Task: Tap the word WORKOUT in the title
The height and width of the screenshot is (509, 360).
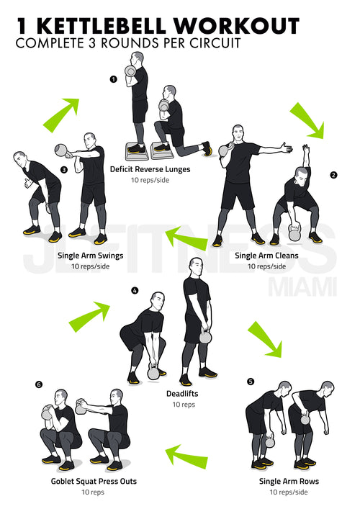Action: [x=236, y=27]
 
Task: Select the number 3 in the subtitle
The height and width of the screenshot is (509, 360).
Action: [x=92, y=43]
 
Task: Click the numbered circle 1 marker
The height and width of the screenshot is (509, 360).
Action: [x=113, y=79]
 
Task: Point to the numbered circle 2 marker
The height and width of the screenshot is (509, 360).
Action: [x=333, y=175]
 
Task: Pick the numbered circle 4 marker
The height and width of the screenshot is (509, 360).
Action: [x=135, y=291]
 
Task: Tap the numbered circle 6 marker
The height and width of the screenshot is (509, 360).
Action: [x=39, y=384]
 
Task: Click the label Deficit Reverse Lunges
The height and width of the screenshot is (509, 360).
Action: [x=150, y=169]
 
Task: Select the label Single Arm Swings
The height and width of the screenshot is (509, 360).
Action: [x=90, y=256]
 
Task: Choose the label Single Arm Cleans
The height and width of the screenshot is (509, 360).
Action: [x=266, y=256]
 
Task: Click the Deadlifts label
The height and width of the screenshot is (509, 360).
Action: [x=182, y=393]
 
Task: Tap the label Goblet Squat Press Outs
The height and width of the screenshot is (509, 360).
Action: [x=94, y=481]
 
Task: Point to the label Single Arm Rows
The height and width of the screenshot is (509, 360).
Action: [x=289, y=481]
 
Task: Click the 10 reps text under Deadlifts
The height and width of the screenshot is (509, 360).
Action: [x=184, y=405]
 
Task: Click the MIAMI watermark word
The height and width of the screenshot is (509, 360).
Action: [x=302, y=287]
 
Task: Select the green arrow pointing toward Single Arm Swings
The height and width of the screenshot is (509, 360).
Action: [x=186, y=238]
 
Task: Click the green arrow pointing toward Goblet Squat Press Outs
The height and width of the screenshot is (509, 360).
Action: [x=186, y=457]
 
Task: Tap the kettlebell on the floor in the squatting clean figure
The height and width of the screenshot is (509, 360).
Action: [x=294, y=233]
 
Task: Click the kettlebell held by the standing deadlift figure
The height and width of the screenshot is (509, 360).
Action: [x=205, y=336]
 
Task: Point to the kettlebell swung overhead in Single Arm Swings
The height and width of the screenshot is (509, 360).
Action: [x=62, y=150]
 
